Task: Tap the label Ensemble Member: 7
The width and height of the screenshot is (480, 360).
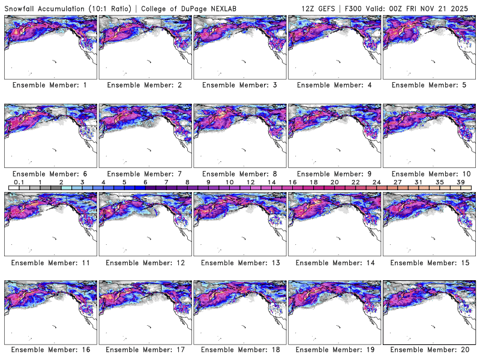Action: [145, 173]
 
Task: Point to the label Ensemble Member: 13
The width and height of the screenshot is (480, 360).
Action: [239, 262]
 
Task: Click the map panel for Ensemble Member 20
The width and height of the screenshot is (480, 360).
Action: [429, 313]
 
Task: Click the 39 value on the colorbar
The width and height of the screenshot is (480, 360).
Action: [460, 182]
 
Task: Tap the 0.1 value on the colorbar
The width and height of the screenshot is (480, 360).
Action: [19, 182]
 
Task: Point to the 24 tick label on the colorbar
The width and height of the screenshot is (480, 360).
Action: [376, 182]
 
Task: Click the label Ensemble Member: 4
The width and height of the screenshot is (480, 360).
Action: [334, 85]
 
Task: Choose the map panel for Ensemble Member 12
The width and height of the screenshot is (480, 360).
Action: [145, 224]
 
